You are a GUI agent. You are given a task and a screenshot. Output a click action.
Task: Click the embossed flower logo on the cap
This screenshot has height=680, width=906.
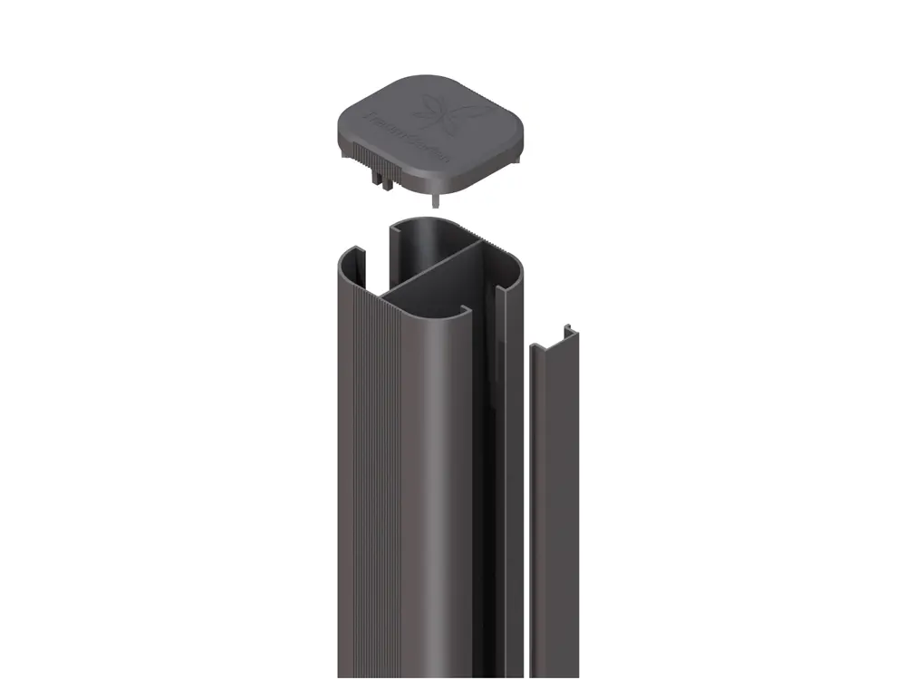pyautogui.click(x=449, y=112)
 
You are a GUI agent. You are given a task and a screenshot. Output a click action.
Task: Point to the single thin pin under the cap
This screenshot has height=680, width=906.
pyautogui.click(x=437, y=199)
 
